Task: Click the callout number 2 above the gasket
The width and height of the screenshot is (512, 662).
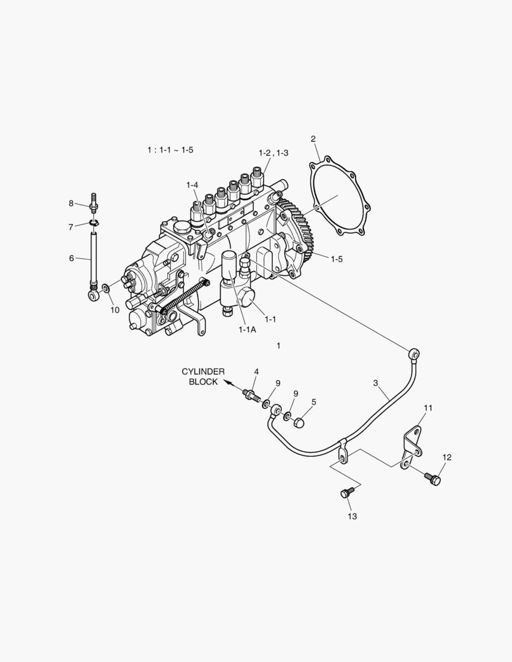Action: click(x=313, y=139)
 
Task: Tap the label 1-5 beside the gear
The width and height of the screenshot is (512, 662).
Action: click(x=337, y=259)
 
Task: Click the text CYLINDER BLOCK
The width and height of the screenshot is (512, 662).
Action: click(x=203, y=376)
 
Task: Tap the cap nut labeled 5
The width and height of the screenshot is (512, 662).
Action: click(x=300, y=422)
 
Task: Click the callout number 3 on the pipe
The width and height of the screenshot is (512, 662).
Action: click(x=376, y=383)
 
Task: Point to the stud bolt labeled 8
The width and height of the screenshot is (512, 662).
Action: click(x=95, y=200)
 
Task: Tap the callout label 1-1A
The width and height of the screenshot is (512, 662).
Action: click(x=247, y=330)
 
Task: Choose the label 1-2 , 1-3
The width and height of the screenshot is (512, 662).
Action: click(x=273, y=153)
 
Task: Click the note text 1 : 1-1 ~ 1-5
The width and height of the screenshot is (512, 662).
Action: click(x=170, y=150)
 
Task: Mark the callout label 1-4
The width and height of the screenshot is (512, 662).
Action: click(x=193, y=185)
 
